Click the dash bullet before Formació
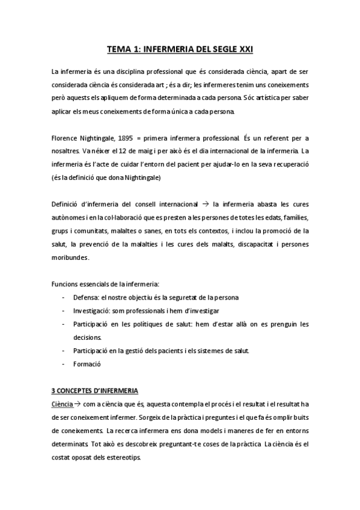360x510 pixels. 64,364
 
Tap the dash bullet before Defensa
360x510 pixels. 64,298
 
